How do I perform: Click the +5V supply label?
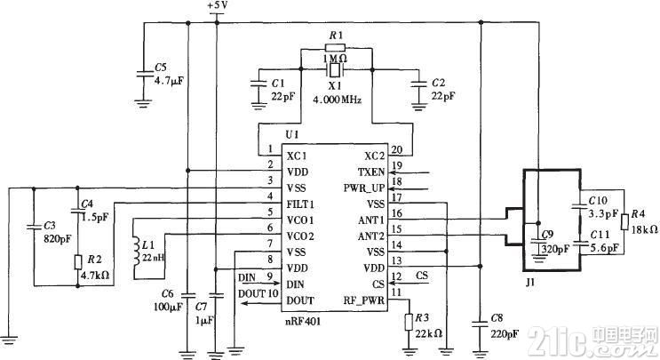(x=218, y=7)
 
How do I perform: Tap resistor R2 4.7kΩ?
(x=78, y=263)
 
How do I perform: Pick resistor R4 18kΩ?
(x=627, y=221)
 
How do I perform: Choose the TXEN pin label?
(x=370, y=170)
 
